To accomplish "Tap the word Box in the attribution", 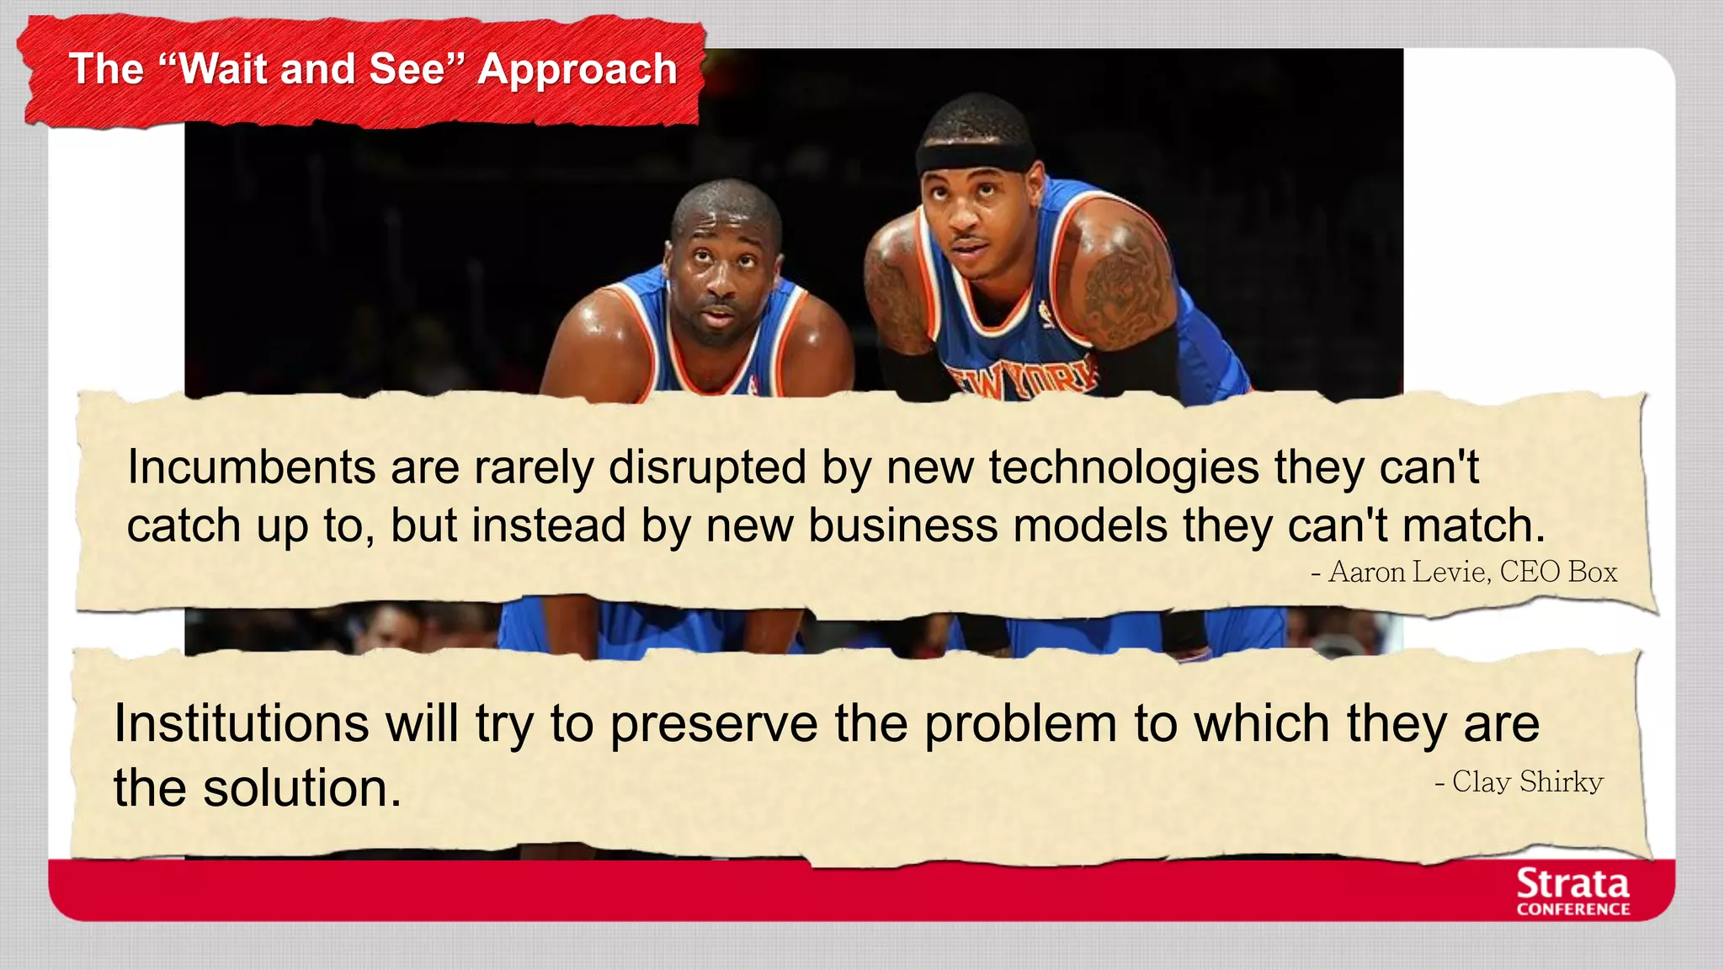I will [1593, 573].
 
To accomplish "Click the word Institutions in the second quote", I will [241, 723].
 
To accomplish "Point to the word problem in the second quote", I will [1020, 725].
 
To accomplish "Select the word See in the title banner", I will [406, 69].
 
